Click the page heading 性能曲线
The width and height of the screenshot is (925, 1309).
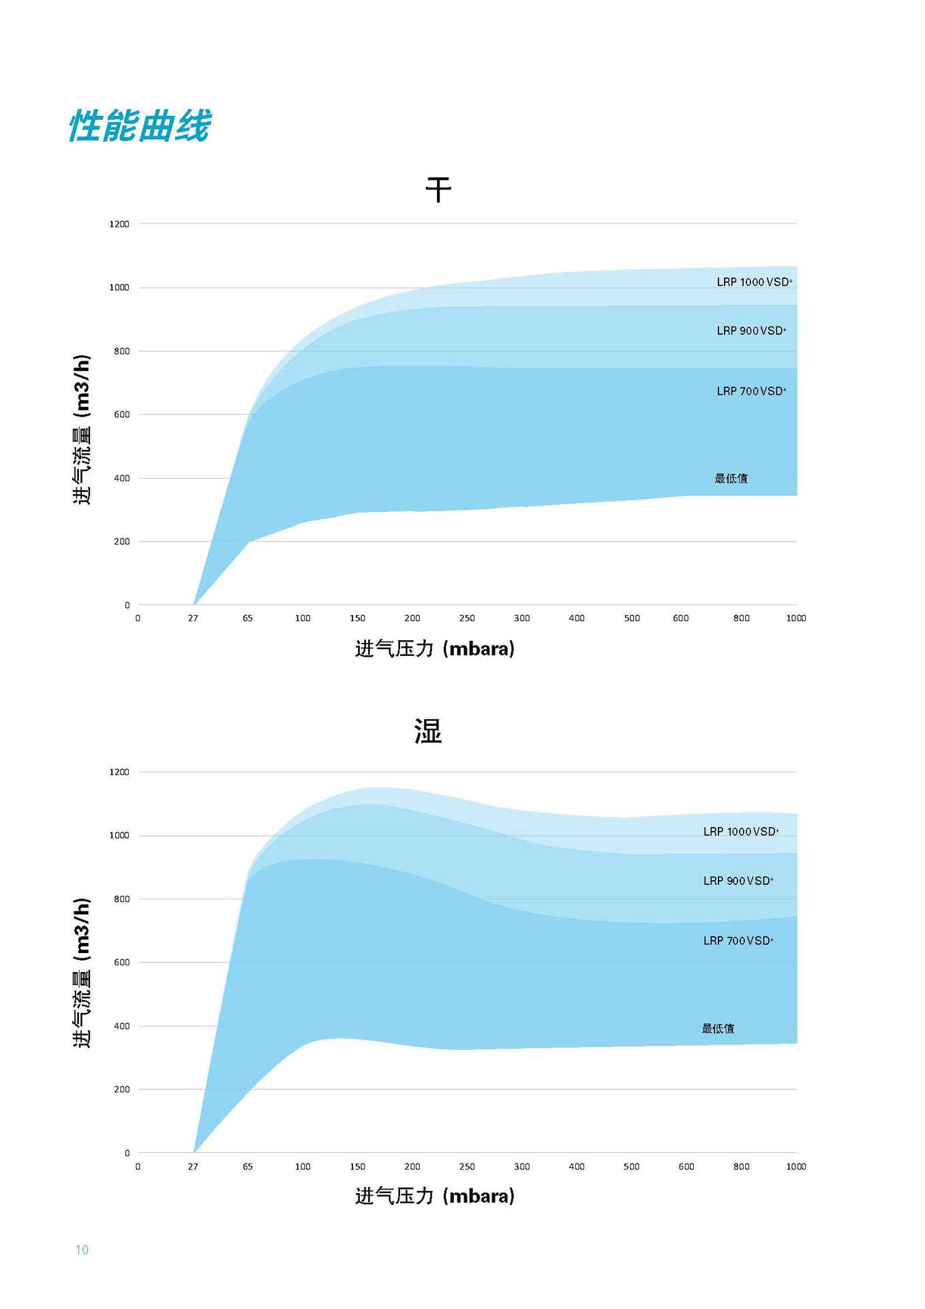coord(140,126)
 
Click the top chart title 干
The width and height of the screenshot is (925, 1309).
coord(438,190)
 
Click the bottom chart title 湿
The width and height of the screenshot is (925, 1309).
coord(428,731)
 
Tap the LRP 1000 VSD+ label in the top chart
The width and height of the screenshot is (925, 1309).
coord(754,282)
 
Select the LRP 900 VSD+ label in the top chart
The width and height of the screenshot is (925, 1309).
coord(751,331)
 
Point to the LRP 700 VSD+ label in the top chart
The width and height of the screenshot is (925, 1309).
coord(751,391)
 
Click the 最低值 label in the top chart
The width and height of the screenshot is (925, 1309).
coord(731,479)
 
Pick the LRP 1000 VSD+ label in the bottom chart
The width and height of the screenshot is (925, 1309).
coord(741,832)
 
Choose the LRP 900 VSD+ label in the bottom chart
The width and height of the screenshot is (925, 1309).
coord(738,881)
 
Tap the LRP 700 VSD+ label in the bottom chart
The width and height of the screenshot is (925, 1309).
coord(738,941)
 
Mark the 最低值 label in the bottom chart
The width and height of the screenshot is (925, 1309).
coord(718,1028)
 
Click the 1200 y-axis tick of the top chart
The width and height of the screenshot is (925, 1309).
coord(119,224)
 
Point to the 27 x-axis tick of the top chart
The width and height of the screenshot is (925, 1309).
coord(193,618)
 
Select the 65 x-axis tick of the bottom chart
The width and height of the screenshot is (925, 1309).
coord(247,1167)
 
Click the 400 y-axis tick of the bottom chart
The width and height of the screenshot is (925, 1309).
coord(121,1026)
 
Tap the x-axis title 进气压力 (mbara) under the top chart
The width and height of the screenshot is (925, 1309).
coord(434,648)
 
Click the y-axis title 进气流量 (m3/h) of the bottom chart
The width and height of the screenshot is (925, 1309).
coord(82,973)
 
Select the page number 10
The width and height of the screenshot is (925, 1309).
coord(82,1250)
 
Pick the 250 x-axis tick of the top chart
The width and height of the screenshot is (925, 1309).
coord(467,618)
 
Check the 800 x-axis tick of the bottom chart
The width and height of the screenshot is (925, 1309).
coord(741,1167)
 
